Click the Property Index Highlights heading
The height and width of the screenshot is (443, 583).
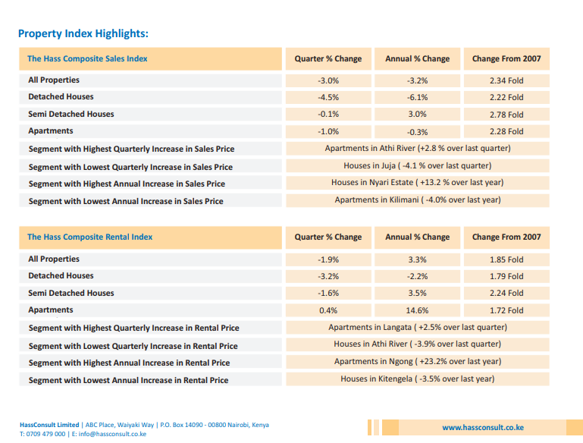[83, 33]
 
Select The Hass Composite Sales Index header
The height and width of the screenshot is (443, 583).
[87, 58]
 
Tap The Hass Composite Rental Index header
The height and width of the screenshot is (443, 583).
[90, 237]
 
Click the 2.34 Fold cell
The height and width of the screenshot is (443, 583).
[506, 80]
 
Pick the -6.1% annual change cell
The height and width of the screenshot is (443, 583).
[417, 97]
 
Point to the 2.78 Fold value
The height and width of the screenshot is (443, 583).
[506, 115]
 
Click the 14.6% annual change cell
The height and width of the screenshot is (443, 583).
[417, 310]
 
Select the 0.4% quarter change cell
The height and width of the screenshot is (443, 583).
[328, 310]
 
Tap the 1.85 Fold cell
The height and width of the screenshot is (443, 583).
[506, 259]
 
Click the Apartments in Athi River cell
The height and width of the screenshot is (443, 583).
[418, 149]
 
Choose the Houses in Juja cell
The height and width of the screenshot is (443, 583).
[418, 165]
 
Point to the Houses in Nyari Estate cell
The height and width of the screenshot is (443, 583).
[418, 183]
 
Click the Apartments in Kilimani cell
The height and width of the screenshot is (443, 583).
[418, 200]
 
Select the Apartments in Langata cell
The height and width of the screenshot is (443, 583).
[418, 328]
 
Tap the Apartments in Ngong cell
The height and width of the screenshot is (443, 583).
[418, 362]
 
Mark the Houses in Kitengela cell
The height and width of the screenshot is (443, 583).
[418, 379]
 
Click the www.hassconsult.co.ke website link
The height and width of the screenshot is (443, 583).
[483, 428]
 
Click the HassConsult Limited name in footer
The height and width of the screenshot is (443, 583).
[49, 425]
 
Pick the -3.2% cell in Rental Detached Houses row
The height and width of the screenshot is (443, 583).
[328, 277]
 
